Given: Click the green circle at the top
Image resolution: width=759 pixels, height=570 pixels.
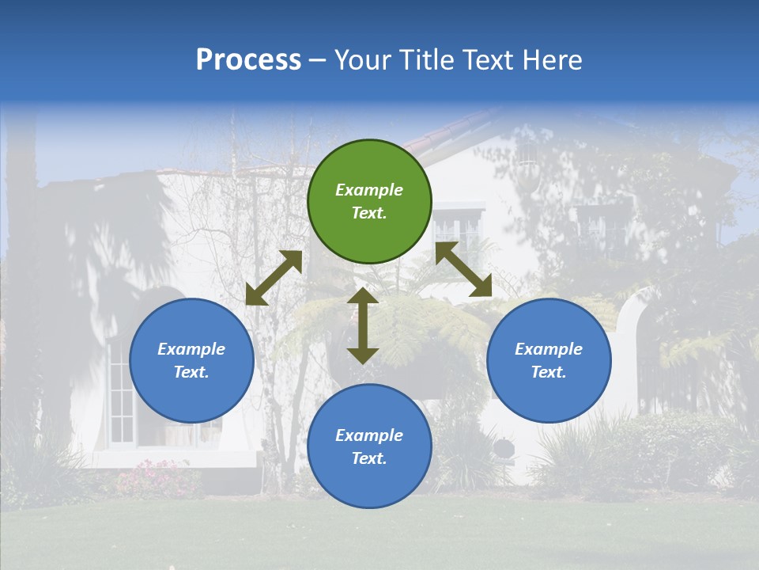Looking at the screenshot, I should (369, 201).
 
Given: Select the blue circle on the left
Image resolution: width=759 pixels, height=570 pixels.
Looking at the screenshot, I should (191, 360).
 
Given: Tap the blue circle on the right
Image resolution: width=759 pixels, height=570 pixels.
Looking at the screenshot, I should (549, 360).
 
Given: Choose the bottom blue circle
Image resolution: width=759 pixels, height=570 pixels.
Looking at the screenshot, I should (369, 446).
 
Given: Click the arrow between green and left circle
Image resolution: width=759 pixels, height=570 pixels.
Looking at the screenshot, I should (274, 278).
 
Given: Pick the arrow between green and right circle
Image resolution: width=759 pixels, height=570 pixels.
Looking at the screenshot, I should (463, 269).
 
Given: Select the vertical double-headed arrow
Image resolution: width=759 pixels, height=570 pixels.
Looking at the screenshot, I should (363, 325).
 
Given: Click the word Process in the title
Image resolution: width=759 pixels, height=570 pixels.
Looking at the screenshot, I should (248, 60).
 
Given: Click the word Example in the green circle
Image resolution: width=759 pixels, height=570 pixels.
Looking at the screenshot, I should (369, 190).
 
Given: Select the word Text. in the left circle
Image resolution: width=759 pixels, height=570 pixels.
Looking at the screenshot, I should (191, 372).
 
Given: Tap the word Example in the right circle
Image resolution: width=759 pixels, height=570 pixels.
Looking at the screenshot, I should (549, 349).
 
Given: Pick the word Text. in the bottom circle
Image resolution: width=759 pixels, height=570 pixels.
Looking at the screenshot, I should (369, 458).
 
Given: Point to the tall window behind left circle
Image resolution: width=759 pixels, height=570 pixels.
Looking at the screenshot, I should (121, 396).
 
